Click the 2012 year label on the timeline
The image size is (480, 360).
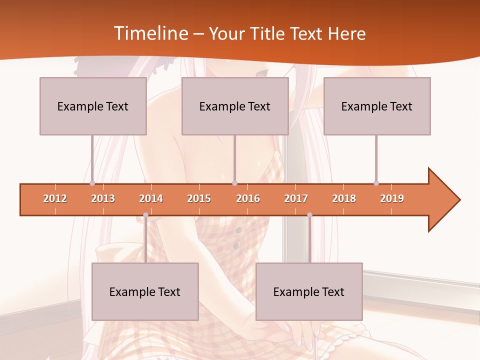(55, 198)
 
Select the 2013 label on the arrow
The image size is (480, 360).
(103, 198)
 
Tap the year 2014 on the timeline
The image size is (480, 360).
(151, 198)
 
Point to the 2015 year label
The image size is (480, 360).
(199, 198)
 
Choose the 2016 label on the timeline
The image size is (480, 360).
(248, 198)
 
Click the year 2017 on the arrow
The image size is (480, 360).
(296, 198)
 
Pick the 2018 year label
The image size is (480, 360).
(344, 198)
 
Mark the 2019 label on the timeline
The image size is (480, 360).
(392, 198)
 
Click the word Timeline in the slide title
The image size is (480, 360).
(150, 33)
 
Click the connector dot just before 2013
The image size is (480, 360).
(92, 183)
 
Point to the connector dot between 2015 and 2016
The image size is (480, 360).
(234, 183)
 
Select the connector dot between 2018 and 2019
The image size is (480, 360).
(376, 183)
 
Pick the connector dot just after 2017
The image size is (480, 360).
(309, 215)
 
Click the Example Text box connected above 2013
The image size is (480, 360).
(93, 106)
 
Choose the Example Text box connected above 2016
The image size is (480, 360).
(235, 106)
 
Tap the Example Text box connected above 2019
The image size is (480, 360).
(377, 106)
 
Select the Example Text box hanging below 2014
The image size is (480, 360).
(145, 291)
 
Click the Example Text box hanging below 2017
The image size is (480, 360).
(309, 291)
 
